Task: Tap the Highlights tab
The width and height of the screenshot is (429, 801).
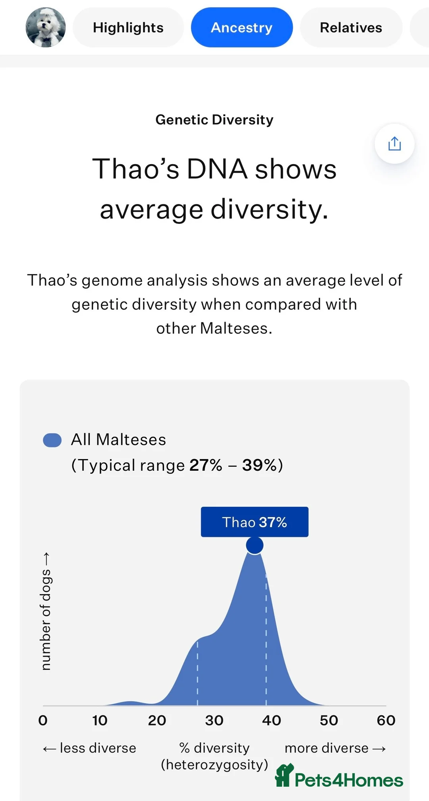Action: [128, 27]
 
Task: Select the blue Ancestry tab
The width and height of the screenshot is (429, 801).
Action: [242, 27]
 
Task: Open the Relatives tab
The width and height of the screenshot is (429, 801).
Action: [351, 27]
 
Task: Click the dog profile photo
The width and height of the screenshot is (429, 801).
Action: [46, 27]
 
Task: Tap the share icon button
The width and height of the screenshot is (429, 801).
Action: [394, 144]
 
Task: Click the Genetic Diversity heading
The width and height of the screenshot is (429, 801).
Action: [214, 120]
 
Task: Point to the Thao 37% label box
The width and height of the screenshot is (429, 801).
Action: [255, 522]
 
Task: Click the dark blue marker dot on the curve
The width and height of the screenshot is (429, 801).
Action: [255, 545]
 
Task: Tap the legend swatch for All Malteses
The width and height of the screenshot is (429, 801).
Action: [52, 440]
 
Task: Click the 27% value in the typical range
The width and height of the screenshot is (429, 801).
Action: [206, 465]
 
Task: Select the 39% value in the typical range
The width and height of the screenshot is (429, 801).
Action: [259, 465]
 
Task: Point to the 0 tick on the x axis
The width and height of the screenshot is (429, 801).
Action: [43, 720]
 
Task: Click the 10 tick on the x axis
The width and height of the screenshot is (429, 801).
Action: [100, 720]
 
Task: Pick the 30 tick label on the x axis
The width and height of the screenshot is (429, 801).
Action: [214, 720]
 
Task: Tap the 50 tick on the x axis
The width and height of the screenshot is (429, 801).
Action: [329, 720]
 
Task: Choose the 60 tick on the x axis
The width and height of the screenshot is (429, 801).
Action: [386, 720]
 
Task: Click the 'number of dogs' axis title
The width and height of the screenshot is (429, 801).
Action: [46, 611]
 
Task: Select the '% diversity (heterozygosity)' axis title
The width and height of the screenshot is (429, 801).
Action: [214, 756]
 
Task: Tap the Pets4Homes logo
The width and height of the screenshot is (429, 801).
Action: [339, 776]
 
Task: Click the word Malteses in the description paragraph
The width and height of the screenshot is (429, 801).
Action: [236, 328]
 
